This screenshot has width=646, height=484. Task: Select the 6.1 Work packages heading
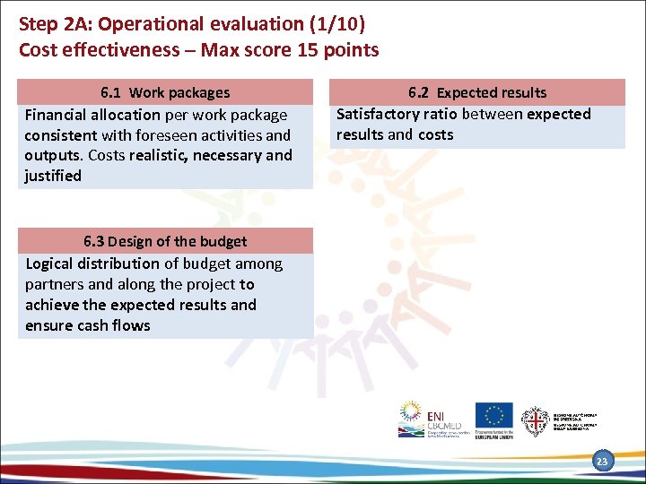click(165, 92)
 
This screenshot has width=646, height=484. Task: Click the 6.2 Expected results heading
click(476, 92)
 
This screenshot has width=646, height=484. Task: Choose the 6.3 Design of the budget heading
click(165, 241)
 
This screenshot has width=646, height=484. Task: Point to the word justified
click(53, 176)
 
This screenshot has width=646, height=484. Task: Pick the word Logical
click(53, 264)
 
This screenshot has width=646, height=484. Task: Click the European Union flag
click(493, 415)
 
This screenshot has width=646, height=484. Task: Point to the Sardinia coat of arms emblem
click(536, 419)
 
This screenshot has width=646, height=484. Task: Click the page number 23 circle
click(602, 462)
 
